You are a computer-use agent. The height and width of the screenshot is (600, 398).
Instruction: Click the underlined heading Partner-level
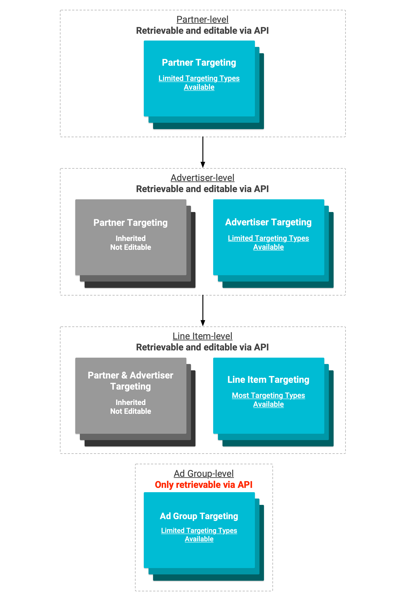click(202, 19)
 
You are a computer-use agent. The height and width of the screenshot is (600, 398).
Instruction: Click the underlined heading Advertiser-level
click(202, 178)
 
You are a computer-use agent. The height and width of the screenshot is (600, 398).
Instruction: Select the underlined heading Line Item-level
click(202, 336)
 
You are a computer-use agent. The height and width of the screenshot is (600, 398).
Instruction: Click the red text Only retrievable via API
click(204, 485)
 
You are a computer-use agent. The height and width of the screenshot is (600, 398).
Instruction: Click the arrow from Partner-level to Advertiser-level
click(203, 152)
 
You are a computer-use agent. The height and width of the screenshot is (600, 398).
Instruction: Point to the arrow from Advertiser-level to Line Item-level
click(203, 311)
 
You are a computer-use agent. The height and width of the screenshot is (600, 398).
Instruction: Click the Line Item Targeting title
click(268, 379)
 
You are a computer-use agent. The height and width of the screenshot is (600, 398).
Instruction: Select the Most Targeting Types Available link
click(268, 400)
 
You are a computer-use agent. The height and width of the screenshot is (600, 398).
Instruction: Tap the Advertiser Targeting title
click(268, 222)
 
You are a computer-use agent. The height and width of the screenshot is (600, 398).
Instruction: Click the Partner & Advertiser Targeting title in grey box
click(130, 381)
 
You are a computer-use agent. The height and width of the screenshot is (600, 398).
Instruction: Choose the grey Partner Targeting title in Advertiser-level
click(130, 223)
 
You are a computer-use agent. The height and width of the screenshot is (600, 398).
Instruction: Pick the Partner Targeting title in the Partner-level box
click(199, 62)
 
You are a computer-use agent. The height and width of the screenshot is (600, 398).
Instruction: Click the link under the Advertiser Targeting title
click(268, 242)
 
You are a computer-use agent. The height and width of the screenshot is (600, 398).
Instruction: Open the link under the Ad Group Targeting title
click(199, 535)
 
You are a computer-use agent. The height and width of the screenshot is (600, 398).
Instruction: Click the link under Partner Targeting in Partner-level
click(199, 83)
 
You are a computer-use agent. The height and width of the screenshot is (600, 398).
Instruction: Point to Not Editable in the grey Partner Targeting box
click(130, 247)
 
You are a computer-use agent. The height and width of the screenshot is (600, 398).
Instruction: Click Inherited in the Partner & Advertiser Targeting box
click(130, 402)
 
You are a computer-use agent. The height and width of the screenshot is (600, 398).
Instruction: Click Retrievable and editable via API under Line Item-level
click(202, 347)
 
